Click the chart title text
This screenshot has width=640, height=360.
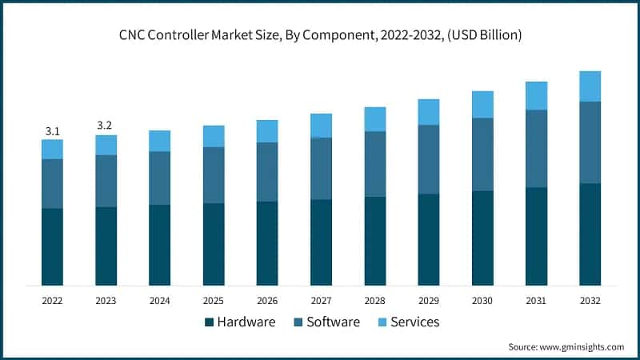320,36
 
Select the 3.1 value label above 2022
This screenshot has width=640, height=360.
52,130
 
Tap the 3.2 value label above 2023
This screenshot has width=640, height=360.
106,126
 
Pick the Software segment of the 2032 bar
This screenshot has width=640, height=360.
590,142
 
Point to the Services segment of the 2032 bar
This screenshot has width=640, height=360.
590,86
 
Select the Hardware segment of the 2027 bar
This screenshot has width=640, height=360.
321,242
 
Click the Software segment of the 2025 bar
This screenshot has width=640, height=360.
214,175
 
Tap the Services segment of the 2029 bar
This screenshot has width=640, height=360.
429,112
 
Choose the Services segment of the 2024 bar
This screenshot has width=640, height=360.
159,141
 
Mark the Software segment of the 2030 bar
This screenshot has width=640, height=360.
482,154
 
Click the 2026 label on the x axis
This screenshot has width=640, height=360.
267,301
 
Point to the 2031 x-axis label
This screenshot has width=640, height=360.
536,301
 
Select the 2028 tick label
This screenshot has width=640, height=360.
374,301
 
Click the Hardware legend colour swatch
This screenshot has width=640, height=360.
210,322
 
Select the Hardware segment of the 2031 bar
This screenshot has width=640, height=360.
536,237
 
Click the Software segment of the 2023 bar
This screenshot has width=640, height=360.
106,181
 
